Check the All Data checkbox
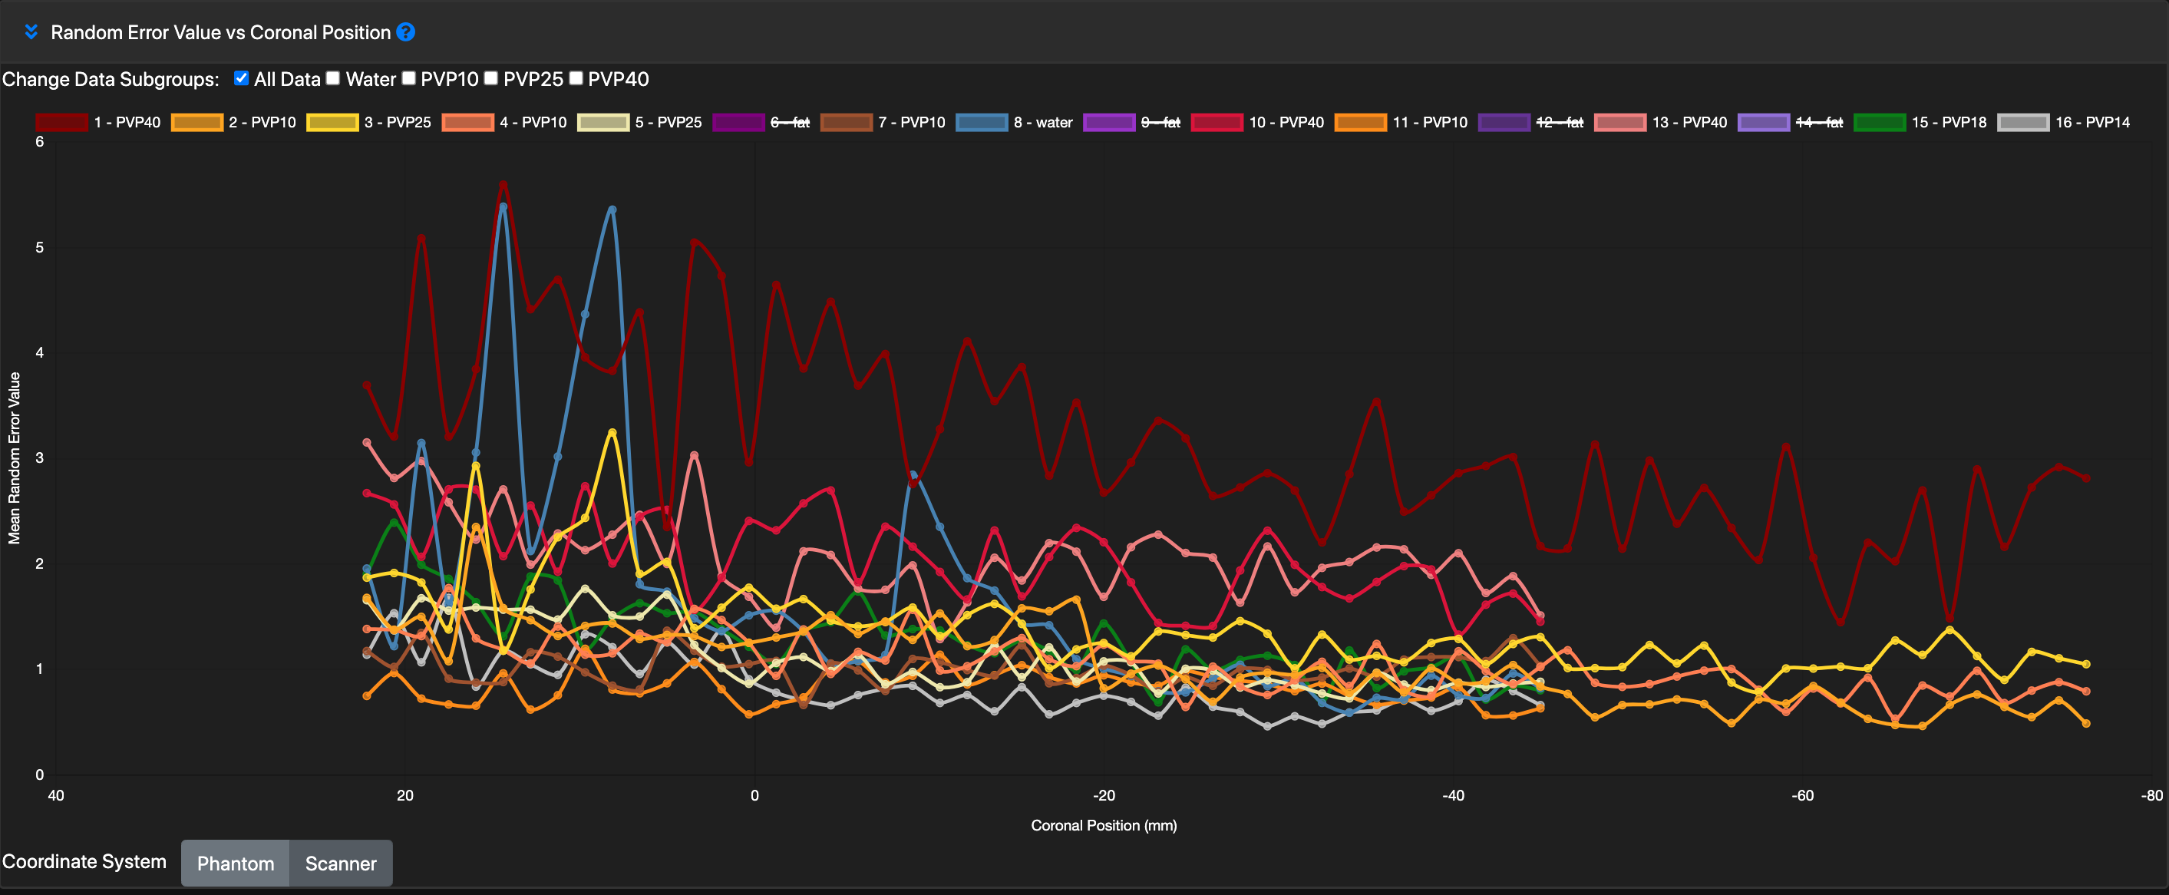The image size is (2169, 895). (x=242, y=78)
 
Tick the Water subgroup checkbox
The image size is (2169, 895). (x=333, y=78)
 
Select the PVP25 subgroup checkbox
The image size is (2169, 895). (x=491, y=78)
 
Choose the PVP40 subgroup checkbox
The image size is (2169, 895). (x=576, y=78)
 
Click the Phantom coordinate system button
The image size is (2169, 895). (x=236, y=863)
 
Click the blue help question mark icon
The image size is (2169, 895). (x=406, y=32)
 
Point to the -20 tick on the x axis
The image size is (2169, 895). (x=1104, y=794)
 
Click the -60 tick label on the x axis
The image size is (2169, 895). (x=1802, y=794)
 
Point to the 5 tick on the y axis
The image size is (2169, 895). (x=40, y=247)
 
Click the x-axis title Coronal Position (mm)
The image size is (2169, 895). (x=1103, y=825)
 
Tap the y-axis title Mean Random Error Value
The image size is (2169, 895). (x=15, y=458)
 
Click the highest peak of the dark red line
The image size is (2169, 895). (x=503, y=184)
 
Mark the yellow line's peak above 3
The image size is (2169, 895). (x=612, y=433)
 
